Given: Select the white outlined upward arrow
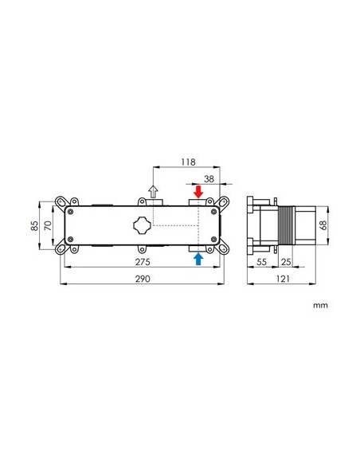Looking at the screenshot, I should click(155, 192).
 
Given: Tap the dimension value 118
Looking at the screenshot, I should click(188, 161).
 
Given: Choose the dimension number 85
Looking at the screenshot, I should click(35, 225).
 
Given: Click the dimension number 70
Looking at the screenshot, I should click(48, 225).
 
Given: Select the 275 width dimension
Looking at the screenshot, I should click(143, 261).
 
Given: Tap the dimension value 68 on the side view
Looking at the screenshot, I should click(323, 225).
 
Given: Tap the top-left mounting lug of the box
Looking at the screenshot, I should click(62, 201).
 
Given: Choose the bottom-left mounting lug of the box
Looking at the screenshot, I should click(62, 248).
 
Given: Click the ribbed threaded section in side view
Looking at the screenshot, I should click(286, 225).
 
